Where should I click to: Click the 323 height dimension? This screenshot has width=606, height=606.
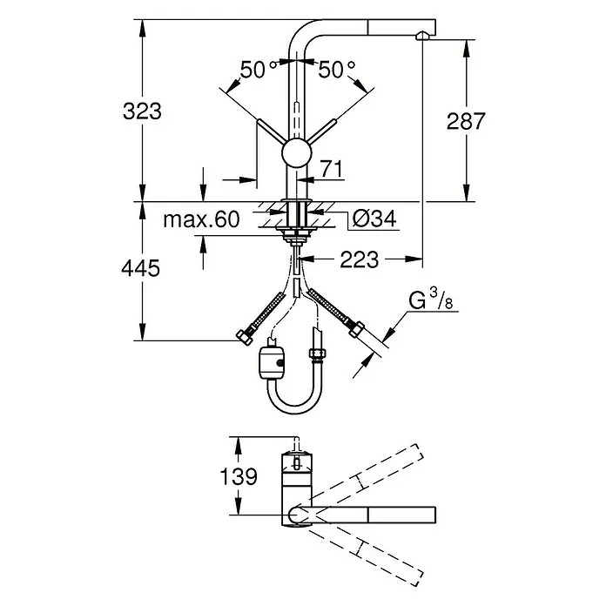tap(142, 111)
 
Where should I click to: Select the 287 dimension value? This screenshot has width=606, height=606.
tap(465, 121)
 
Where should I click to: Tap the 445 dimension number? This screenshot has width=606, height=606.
tap(141, 268)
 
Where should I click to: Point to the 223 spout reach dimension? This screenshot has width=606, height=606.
tap(359, 259)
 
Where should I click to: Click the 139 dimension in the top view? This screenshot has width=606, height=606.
tap(239, 476)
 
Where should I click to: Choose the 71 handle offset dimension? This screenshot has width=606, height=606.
tap(332, 169)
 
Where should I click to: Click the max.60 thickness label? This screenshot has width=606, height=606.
tap(201, 219)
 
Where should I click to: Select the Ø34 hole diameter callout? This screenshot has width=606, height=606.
tap(374, 219)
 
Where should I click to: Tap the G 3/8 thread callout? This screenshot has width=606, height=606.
tap(430, 300)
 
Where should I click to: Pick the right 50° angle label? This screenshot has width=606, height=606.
tap(336, 69)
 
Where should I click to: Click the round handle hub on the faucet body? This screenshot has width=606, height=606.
tap(296, 152)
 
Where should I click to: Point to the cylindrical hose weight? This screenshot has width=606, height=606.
tap(272, 361)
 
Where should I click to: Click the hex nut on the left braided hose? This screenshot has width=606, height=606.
tap(245, 337)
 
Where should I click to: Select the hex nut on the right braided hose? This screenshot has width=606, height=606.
tap(356, 329)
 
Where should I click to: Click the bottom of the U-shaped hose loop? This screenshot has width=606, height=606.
tap(295, 411)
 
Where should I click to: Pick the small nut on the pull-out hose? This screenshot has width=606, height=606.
tap(317, 353)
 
